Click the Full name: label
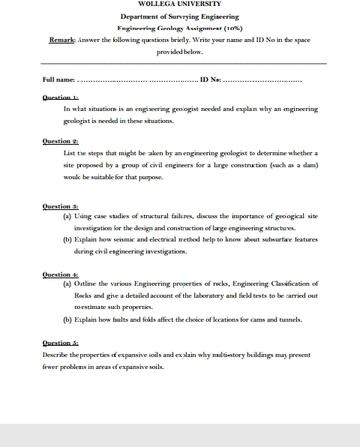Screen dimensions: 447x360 point(59,79)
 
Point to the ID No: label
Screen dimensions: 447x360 point(211,79)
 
